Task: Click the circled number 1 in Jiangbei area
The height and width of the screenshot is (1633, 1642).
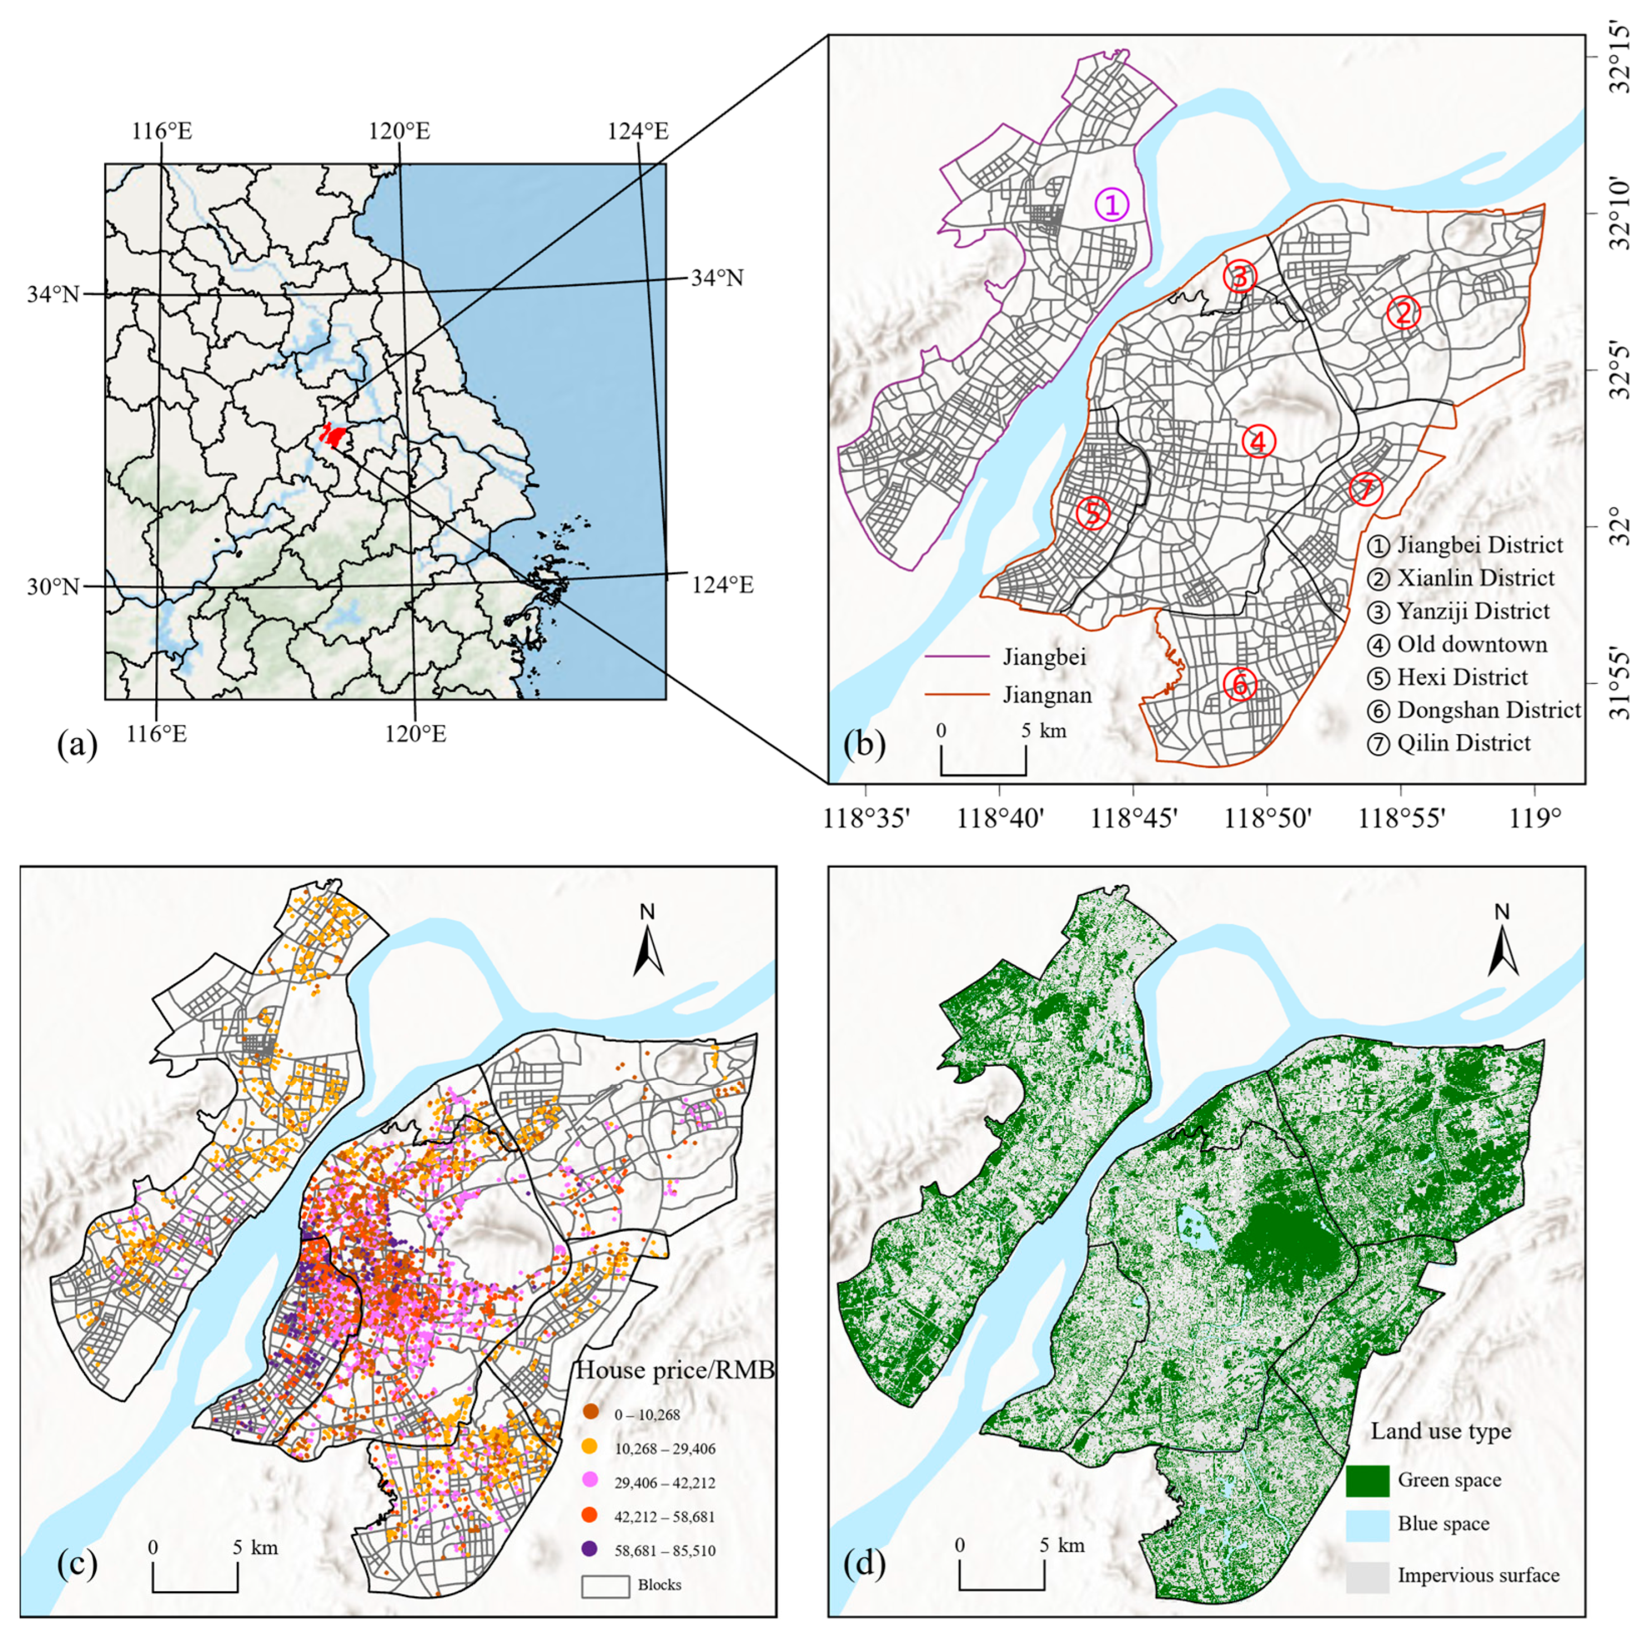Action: coord(1112,205)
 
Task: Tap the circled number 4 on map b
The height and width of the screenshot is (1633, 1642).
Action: coord(1258,441)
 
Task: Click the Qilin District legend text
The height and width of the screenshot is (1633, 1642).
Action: coord(1463,743)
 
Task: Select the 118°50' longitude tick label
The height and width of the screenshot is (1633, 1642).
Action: coord(1268,820)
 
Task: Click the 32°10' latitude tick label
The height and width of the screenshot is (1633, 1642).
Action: coord(1620,200)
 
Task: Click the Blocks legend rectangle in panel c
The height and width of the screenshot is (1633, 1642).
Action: coord(605,1584)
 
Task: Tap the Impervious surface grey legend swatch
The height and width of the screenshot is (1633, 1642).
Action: coord(1367,1575)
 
